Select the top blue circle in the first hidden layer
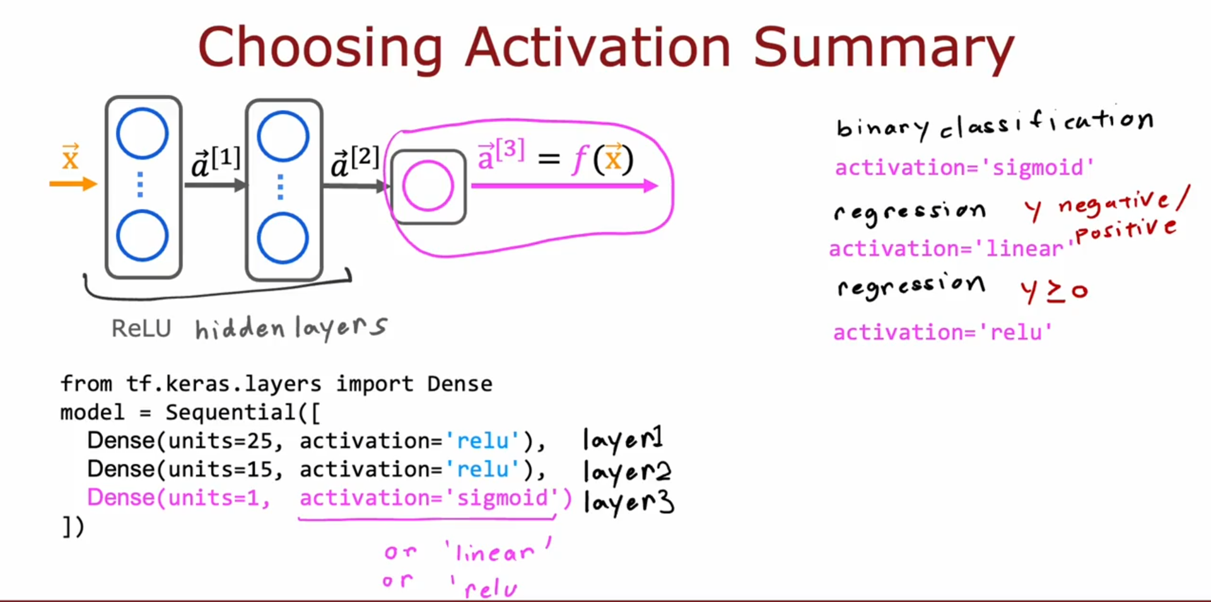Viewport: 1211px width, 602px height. coord(143,134)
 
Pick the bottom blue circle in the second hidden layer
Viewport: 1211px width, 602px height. coord(283,238)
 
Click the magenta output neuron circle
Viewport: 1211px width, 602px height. coord(428,186)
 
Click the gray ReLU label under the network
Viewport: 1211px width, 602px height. coord(141,328)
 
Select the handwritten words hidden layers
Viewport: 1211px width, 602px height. coord(291,328)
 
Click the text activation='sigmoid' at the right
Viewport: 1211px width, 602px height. coord(964,168)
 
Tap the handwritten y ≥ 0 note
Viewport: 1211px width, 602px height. coord(1054,291)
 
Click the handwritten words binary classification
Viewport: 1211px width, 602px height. coord(995,124)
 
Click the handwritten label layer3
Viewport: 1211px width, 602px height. coord(628,502)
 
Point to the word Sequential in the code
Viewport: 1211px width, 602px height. coord(230,412)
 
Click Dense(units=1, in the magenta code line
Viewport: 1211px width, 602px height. coord(178,498)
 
